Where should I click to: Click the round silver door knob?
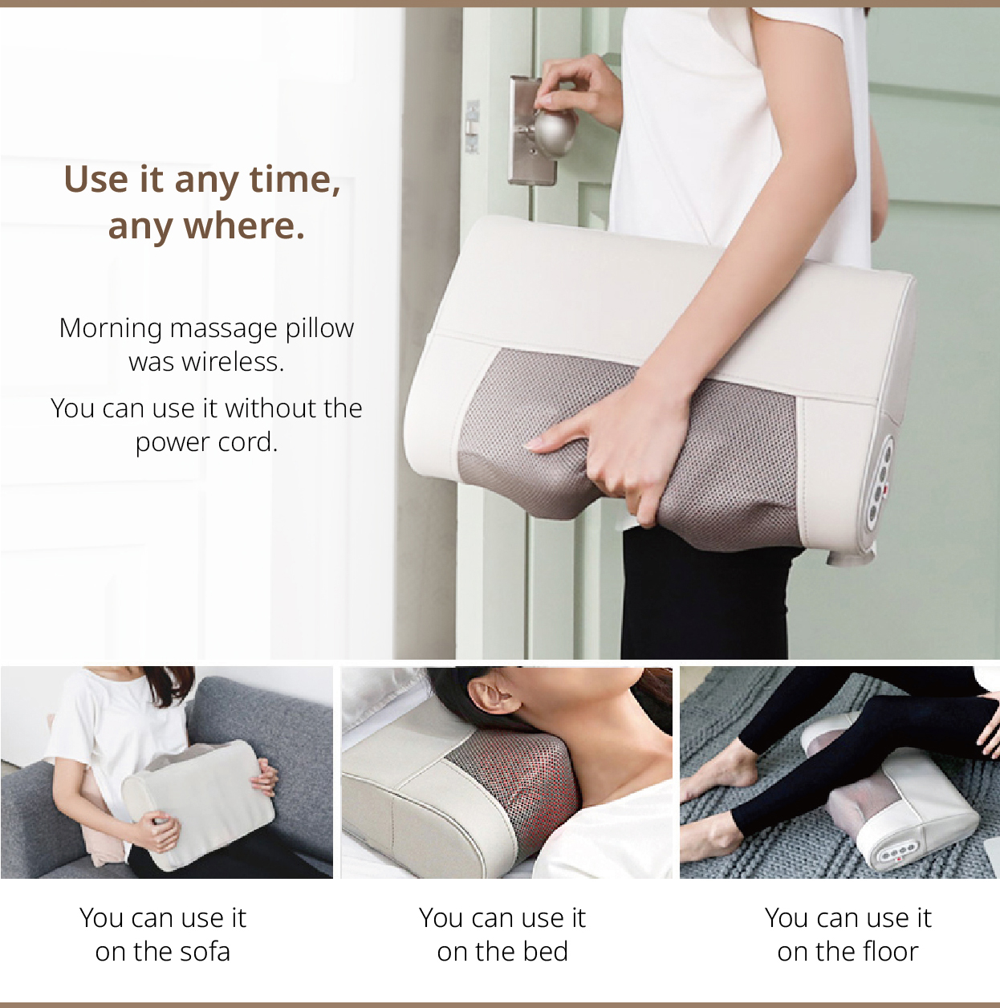(x=554, y=133)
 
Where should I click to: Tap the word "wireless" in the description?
(x=231, y=361)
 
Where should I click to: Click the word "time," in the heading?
(x=295, y=180)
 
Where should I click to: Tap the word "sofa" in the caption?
(x=205, y=952)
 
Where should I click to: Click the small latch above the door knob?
(x=473, y=126)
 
